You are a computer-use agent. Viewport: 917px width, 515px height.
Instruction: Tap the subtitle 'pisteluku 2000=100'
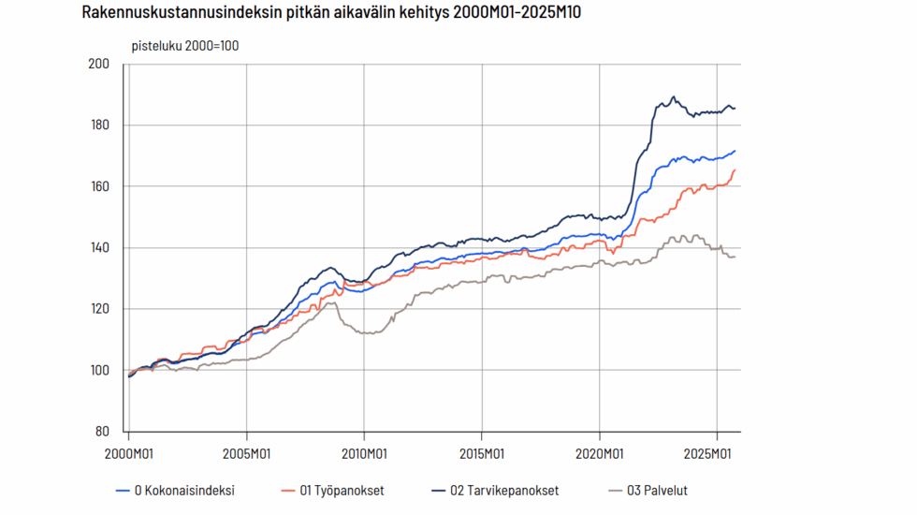[x=184, y=45]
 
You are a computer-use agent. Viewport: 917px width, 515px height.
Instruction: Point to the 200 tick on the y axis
[x=99, y=64]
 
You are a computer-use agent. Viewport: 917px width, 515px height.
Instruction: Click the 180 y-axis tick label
[x=99, y=125]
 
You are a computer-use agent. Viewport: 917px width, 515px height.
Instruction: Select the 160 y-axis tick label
[x=99, y=186]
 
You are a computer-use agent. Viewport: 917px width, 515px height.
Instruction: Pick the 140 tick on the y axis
[x=99, y=248]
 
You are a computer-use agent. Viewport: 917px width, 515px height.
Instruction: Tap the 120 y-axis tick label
[x=99, y=309]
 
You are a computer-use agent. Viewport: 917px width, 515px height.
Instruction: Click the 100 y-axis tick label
[x=99, y=371]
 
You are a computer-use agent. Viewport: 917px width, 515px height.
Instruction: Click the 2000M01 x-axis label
[x=128, y=452]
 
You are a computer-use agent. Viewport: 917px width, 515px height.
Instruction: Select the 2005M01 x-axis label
[x=246, y=452]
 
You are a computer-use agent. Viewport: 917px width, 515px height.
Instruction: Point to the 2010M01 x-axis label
[x=364, y=452]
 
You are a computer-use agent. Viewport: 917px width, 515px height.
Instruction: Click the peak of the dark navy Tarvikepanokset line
[x=674, y=96]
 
